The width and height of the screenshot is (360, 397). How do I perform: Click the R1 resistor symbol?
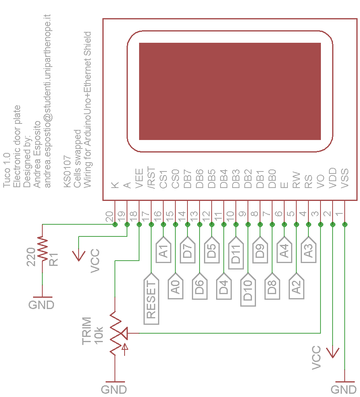pos(42,249)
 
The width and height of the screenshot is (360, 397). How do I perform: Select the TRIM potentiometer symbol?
pos(116,333)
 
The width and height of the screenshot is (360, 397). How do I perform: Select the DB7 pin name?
pos(187,179)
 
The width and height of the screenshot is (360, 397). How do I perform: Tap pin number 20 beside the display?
pos(109,217)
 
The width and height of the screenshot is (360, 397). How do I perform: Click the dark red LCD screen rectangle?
pos(230,91)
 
